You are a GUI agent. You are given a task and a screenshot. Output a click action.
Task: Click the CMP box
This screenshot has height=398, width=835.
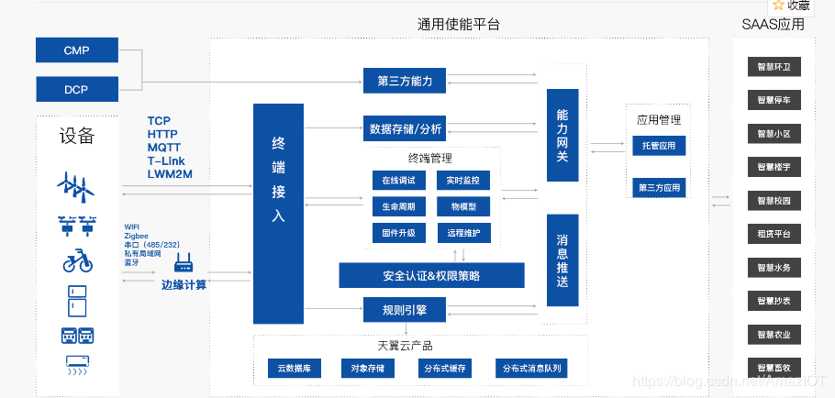click(76, 50)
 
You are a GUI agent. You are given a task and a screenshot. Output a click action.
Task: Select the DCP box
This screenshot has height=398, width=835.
click(76, 89)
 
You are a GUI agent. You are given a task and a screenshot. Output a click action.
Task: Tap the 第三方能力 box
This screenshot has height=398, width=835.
click(405, 81)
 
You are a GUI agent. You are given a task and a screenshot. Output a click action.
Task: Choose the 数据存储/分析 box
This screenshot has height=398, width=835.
click(405, 128)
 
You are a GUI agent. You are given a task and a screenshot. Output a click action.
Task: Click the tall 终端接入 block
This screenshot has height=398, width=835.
click(278, 213)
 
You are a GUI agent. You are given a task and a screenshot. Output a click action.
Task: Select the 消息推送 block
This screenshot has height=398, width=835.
click(562, 260)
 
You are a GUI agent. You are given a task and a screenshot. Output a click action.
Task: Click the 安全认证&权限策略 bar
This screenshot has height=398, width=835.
click(431, 275)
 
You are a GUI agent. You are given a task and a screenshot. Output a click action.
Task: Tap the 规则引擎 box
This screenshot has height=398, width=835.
click(405, 310)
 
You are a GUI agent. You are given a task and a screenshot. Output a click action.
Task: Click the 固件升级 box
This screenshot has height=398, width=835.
click(398, 233)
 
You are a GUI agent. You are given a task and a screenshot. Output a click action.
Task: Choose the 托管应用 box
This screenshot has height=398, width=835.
click(659, 146)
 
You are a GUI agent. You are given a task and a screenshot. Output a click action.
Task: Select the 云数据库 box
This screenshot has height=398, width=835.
click(295, 369)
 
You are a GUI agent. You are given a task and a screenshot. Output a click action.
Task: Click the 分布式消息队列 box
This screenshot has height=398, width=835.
click(531, 369)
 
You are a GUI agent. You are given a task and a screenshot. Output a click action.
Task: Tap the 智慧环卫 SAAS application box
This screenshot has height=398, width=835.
click(774, 67)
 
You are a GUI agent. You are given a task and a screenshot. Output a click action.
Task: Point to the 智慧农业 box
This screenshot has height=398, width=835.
click(774, 334)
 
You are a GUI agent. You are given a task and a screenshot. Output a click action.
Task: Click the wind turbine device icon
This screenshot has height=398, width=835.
click(76, 186)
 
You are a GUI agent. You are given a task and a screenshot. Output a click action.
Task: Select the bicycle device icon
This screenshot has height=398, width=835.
click(77, 260)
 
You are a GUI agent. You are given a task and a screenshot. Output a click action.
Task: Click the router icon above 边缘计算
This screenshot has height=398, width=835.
click(184, 265)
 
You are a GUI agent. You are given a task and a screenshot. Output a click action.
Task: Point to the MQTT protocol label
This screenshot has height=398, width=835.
click(163, 147)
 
